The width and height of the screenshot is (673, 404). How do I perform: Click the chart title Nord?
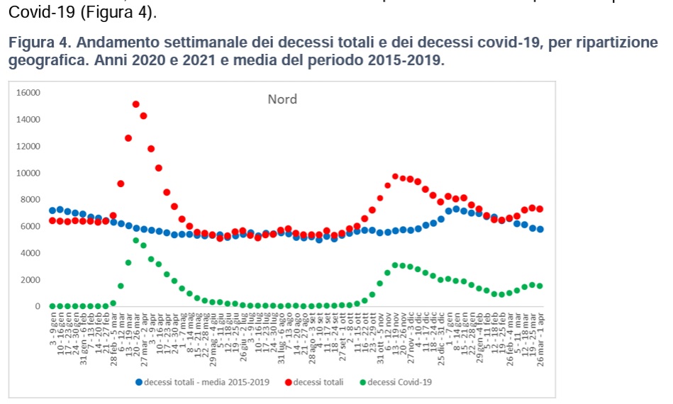point(282,99)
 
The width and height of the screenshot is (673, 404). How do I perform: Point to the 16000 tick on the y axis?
point(29,93)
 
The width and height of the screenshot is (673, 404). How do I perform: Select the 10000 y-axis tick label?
point(29,173)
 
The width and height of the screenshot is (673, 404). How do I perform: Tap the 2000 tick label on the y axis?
point(31,280)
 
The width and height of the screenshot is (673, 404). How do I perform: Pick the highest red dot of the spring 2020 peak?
point(135,104)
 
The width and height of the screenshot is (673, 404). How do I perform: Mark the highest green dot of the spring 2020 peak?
point(135,240)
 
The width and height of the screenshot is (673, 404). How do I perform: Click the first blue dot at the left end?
point(52,211)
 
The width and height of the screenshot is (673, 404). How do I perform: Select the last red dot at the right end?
point(540,209)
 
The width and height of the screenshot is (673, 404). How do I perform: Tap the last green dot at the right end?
point(540,286)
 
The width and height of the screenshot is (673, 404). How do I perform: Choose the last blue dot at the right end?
point(540,229)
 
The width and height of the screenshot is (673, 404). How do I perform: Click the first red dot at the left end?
point(52,220)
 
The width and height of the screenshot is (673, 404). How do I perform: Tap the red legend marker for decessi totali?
point(289,382)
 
